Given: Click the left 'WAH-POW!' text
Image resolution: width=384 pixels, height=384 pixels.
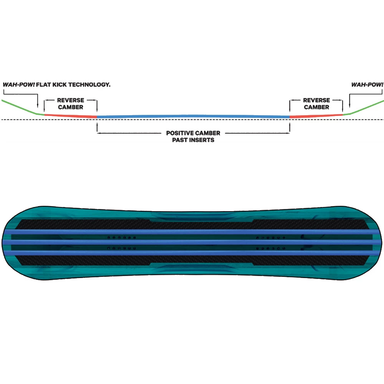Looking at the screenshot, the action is click(18, 85).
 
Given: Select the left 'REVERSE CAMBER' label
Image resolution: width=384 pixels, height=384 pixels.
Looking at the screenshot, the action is click(71, 104).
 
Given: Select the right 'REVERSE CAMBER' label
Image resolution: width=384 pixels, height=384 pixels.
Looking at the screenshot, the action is click(316, 104).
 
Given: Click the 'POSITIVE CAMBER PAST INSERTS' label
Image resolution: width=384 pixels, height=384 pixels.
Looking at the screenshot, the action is click(193, 136).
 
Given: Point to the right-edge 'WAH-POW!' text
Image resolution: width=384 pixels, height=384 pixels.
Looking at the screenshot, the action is click(367, 85).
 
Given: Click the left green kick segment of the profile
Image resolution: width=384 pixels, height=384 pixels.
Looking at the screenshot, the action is click(23, 107).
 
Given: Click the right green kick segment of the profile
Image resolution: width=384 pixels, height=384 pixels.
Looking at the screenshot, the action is click(363, 108).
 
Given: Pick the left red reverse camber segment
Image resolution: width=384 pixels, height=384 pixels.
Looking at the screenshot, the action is click(71, 116).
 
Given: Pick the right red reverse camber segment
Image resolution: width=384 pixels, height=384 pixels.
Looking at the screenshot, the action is click(316, 116).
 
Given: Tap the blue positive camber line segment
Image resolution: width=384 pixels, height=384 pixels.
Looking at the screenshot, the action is click(193, 116).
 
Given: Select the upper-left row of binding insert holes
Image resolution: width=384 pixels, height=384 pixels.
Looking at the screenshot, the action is click(122, 238).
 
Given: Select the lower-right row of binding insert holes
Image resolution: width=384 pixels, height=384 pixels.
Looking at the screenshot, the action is click(271, 248).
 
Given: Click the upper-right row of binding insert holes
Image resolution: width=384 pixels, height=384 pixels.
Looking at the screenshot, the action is click(271, 238).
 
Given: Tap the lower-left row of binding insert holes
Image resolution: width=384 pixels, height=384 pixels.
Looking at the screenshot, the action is click(122, 248).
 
